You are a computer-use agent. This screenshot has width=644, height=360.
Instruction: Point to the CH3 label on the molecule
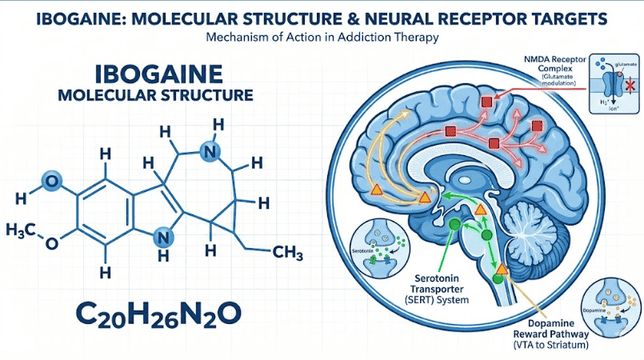pyautogui.click(x=286, y=253)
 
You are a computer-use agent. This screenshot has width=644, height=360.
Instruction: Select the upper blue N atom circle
pyautogui.click(x=210, y=150)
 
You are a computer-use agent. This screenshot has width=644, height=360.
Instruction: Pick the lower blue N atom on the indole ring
pyautogui.click(x=163, y=235)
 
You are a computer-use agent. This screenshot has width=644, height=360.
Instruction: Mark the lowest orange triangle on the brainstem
pyautogui.click(x=501, y=270)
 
